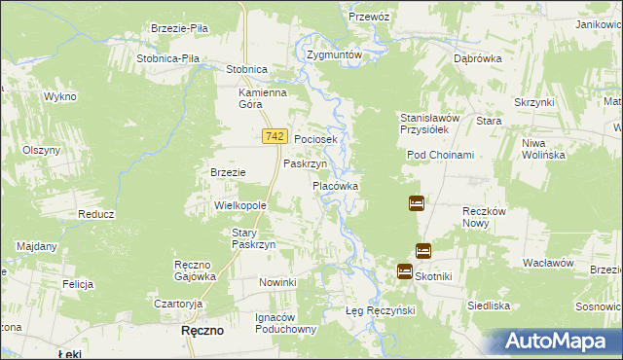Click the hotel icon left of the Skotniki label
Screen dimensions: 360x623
(x=404, y=271)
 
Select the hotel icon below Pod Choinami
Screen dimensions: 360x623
(x=416, y=203)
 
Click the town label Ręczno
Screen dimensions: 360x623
(x=203, y=331)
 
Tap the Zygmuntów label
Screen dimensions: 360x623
(x=334, y=55)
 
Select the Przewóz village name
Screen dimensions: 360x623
(x=369, y=17)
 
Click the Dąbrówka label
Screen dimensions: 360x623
(x=477, y=58)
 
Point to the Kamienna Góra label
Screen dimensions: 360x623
(x=263, y=99)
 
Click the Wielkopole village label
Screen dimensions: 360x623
(x=240, y=207)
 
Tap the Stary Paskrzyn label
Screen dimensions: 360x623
(x=254, y=238)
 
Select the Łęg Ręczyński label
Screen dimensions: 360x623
(x=381, y=310)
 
